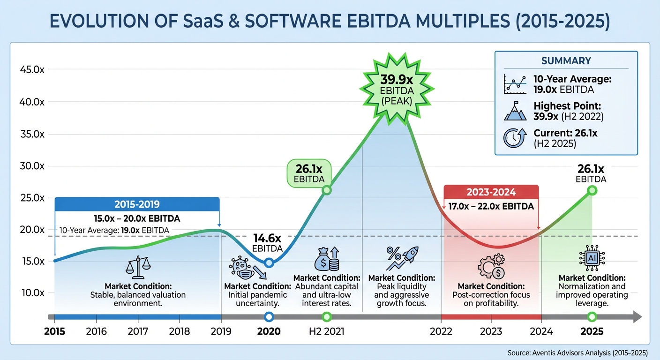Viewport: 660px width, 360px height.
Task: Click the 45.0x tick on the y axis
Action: point(32,70)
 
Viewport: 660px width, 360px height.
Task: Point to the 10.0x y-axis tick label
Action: point(32,292)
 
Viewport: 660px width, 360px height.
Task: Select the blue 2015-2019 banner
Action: point(137,204)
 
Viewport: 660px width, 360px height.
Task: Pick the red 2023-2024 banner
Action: point(491,192)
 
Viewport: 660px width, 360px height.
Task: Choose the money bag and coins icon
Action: point(327,259)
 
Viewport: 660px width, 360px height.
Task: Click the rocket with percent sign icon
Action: point(402,258)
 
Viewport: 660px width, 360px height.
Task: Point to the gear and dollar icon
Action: point(491,266)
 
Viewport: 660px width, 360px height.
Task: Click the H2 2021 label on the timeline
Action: point(326,331)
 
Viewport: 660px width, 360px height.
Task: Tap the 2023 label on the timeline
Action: point(491,331)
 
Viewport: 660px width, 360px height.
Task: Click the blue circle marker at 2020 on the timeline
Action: point(269,317)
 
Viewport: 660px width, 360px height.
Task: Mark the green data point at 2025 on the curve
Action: point(592,190)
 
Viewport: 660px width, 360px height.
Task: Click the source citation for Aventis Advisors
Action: point(577,352)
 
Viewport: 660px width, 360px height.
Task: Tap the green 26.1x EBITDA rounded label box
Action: point(308,173)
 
